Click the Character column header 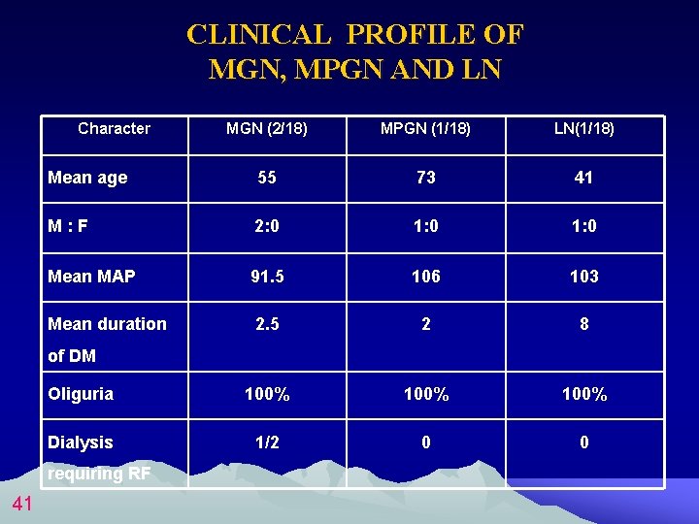click(x=114, y=128)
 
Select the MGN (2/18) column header click(x=267, y=128)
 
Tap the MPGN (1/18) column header click(x=425, y=128)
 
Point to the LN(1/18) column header click(x=583, y=128)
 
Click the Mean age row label click(x=87, y=178)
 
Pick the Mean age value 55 click(x=267, y=178)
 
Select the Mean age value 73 click(x=425, y=178)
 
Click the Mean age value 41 click(x=583, y=178)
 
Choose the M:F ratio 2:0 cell click(x=267, y=227)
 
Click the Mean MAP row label click(x=91, y=277)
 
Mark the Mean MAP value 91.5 click(x=267, y=277)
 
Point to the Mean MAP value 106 click(x=425, y=277)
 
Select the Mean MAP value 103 click(x=583, y=277)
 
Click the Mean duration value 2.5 click(x=267, y=324)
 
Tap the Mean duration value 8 click(x=583, y=324)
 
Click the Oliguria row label click(x=81, y=394)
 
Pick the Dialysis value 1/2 click(x=267, y=442)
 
